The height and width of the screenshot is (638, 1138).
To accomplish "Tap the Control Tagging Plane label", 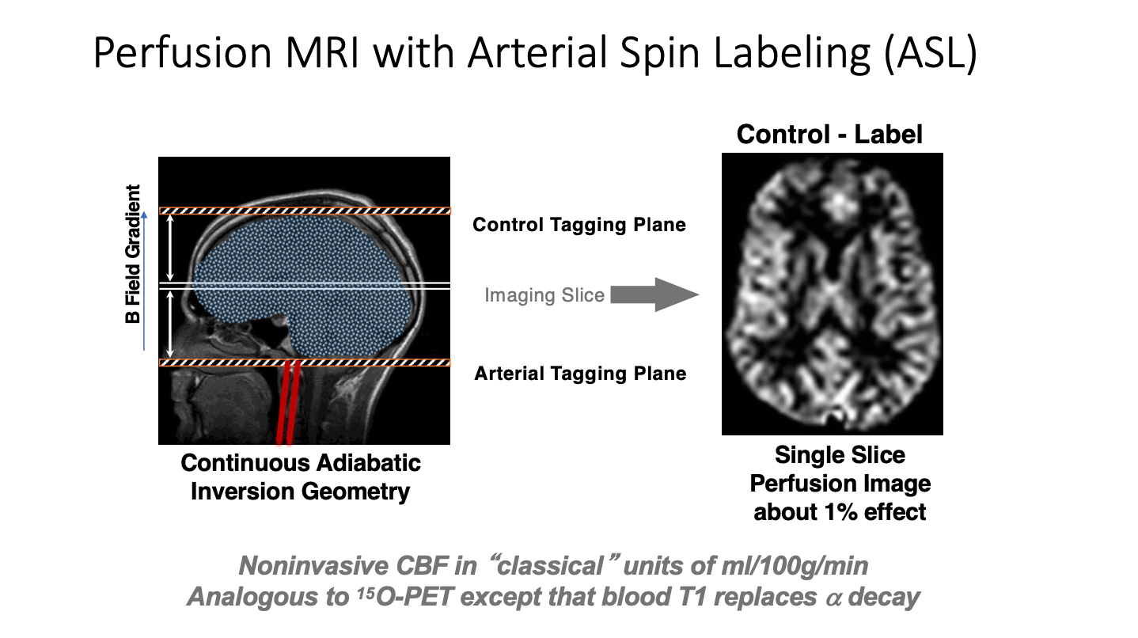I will coord(579,225).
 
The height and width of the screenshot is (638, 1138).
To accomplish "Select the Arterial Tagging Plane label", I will coord(580,374).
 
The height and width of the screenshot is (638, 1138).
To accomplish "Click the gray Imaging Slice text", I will coord(544,296).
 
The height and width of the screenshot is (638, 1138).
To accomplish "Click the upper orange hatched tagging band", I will coord(305,211).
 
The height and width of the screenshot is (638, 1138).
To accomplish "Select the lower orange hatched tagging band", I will coord(305,363).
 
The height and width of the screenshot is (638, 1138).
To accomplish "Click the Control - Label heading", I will coord(829,134).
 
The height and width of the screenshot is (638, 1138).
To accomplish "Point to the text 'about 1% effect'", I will coord(840,511).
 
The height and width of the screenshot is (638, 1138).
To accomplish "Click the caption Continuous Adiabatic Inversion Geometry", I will coord(301,477).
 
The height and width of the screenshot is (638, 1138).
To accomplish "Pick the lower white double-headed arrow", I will coord(171,323).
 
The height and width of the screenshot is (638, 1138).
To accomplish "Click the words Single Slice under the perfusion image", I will coord(840,455).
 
